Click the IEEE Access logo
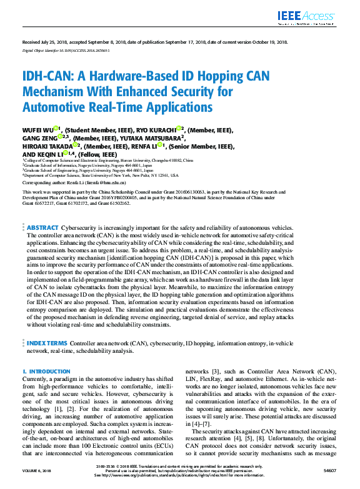click(317, 16)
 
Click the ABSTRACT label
click(43, 228)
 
